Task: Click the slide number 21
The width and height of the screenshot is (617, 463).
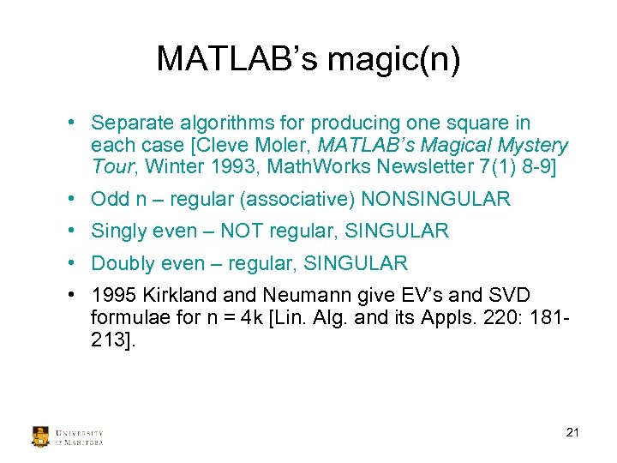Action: [572, 432]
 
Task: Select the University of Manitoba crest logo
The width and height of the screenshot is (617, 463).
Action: [40, 436]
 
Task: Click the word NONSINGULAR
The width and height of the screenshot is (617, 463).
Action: [435, 200]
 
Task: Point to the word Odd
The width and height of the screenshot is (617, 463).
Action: [111, 200]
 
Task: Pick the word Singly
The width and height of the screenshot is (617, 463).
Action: [118, 231]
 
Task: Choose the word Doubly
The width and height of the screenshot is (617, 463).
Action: [123, 263]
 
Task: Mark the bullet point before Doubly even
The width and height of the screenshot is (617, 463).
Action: [75, 263]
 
